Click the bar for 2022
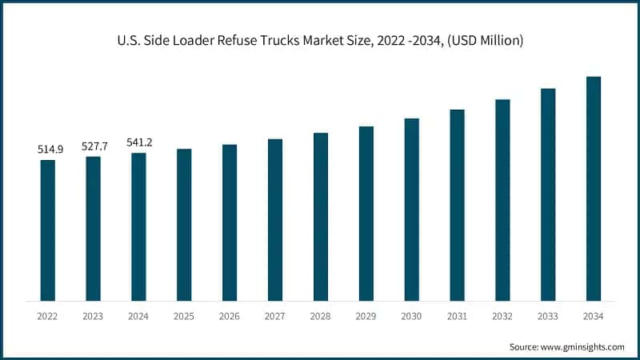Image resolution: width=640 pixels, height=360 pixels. pyautogui.click(x=48, y=230)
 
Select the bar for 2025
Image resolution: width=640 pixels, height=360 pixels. pyautogui.click(x=184, y=225)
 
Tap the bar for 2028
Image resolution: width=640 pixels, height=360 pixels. pyautogui.click(x=321, y=217)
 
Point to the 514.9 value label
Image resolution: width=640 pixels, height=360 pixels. pyautogui.click(x=48, y=150)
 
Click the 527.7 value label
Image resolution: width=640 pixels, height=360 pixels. pyautogui.click(x=94, y=146)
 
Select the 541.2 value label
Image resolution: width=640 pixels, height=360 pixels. pyautogui.click(x=139, y=142)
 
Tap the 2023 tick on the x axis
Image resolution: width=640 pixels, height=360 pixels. pyautogui.click(x=94, y=317)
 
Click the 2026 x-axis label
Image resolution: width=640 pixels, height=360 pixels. pyautogui.click(x=230, y=317)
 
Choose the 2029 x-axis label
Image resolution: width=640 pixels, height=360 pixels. pyautogui.click(x=366, y=317)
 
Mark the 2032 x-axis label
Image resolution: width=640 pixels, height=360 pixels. pyautogui.click(x=502, y=317)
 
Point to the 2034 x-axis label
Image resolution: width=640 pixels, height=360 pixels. pyautogui.click(x=594, y=317)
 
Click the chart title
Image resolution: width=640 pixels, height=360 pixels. pyautogui.click(x=320, y=41)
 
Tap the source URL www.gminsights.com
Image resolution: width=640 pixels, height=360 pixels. pyautogui.click(x=582, y=346)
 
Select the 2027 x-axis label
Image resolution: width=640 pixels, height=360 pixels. pyautogui.click(x=275, y=317)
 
